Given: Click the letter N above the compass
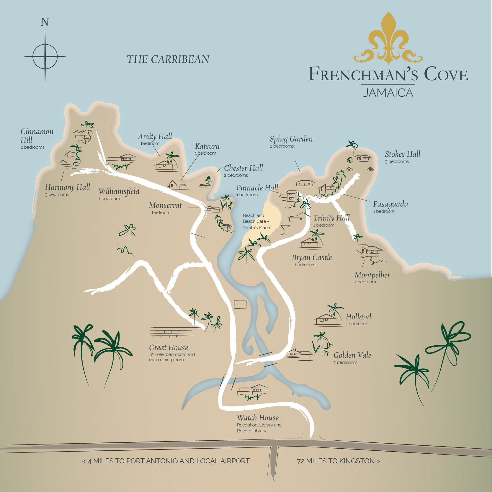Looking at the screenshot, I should [x=45, y=22].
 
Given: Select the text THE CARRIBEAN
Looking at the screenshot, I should [x=168, y=59].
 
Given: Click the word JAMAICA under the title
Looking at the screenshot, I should [x=388, y=93].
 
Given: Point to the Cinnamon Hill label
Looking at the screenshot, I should [x=37, y=136].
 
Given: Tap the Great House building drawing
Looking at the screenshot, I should [x=173, y=332].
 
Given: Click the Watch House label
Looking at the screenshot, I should [x=258, y=418].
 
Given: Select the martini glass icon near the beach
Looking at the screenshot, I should [x=285, y=229].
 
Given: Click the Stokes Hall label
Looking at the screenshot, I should [x=402, y=154].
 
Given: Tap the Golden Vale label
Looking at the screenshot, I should [x=352, y=355].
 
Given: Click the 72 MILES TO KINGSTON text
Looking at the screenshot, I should [x=338, y=461].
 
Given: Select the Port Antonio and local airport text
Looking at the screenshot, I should [x=166, y=461].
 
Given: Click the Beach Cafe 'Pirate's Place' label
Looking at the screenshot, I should [x=256, y=221].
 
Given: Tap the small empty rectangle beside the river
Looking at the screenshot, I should [x=240, y=305].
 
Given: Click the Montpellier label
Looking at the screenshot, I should [x=372, y=275].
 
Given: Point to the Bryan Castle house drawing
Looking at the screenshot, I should [x=309, y=243].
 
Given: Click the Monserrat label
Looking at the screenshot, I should [x=165, y=205].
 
